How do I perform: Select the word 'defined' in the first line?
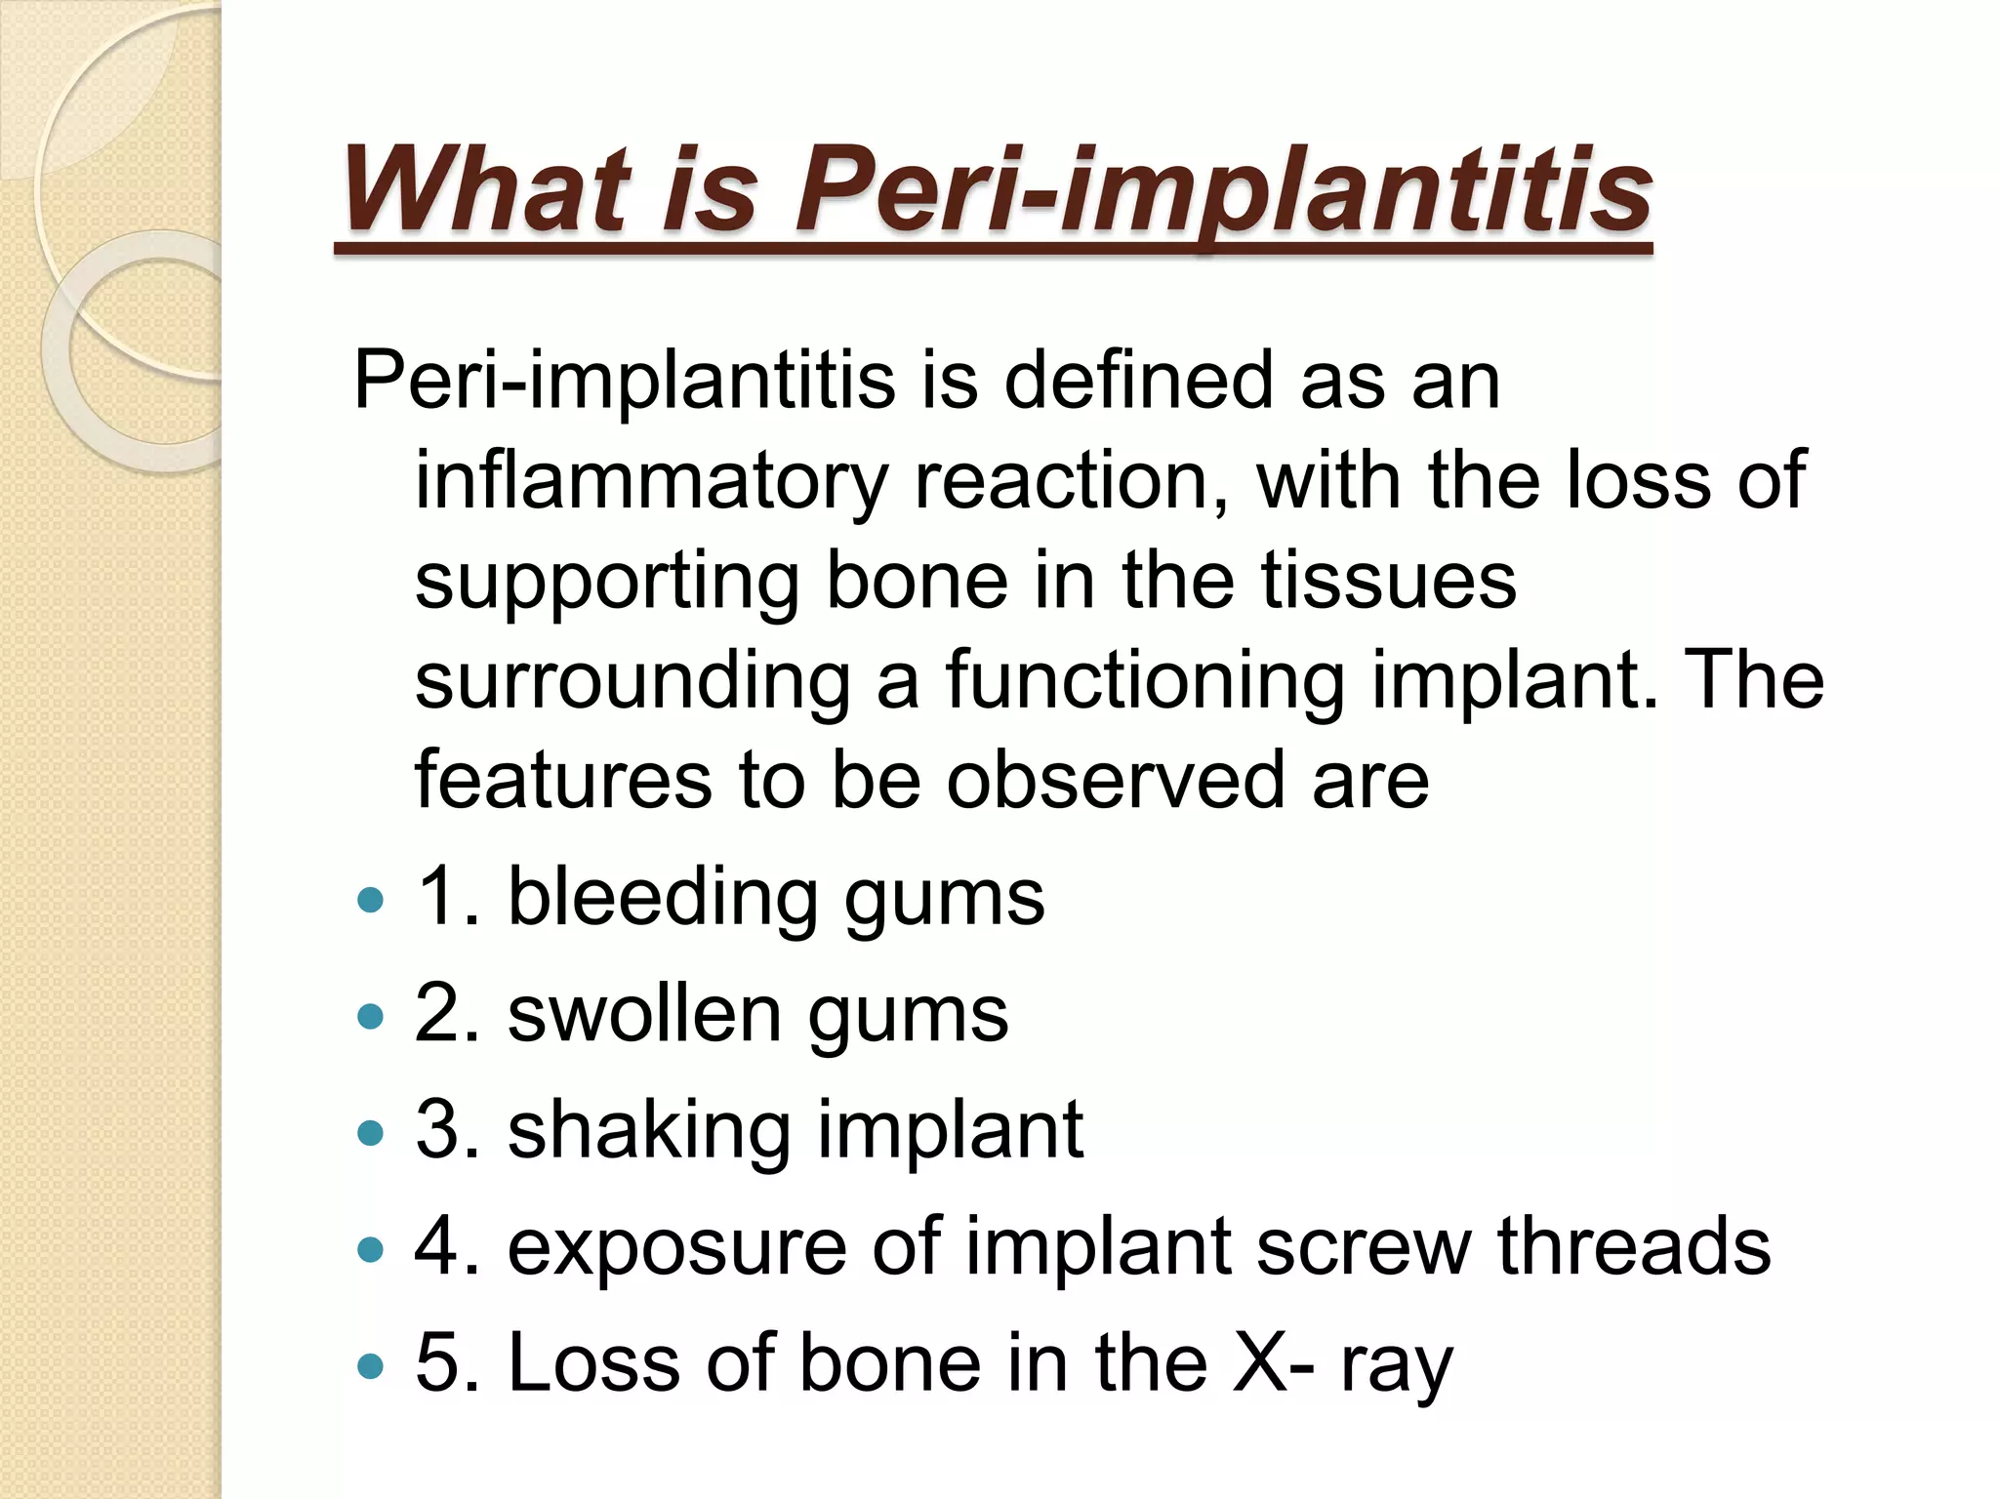(x=1138, y=381)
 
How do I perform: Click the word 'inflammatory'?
(x=651, y=480)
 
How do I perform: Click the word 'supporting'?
(x=607, y=582)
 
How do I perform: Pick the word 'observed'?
(x=1116, y=780)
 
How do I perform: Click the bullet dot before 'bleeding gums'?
(x=371, y=899)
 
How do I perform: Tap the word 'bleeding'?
(x=662, y=898)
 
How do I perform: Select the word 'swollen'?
(x=644, y=1014)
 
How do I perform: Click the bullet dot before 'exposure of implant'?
(x=371, y=1249)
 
